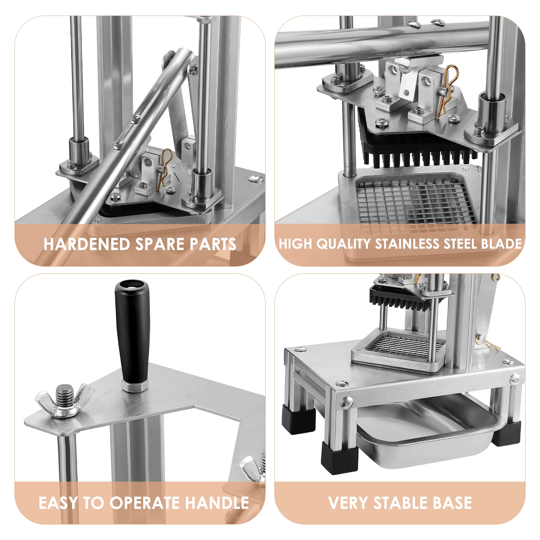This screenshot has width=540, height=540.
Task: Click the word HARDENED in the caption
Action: (86, 244)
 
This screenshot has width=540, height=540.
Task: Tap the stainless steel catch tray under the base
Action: (429, 435)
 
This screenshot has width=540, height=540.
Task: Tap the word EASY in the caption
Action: (58, 503)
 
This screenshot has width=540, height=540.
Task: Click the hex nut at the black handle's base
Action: (134, 385)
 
